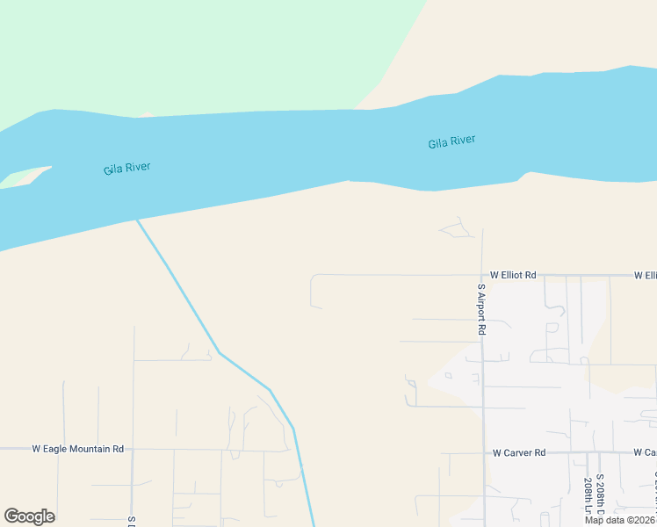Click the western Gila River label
126,168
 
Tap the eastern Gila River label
451,142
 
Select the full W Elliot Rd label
513,275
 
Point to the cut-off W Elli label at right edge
645,275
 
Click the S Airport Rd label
481,310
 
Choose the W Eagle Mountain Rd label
77,449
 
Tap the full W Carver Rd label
519,453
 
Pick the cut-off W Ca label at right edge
645,453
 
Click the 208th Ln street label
588,497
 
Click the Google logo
29,516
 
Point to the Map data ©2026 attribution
620,520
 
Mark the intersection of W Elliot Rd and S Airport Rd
482,275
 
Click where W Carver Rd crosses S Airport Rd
483,453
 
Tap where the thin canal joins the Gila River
136,220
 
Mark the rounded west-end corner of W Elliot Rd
313,278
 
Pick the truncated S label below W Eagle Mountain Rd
130,521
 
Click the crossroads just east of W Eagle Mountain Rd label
133,450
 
